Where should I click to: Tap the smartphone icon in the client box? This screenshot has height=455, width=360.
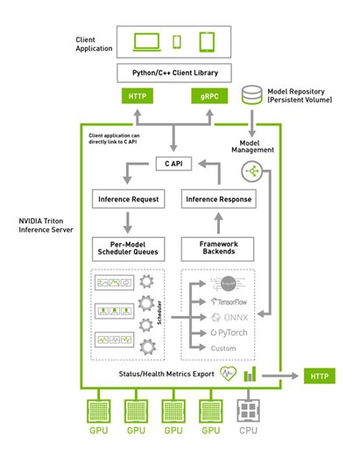click(177, 42)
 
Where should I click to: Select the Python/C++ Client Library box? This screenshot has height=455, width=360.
click(178, 73)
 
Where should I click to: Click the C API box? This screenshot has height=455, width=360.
click(177, 163)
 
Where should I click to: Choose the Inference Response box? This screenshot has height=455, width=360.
click(218, 199)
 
